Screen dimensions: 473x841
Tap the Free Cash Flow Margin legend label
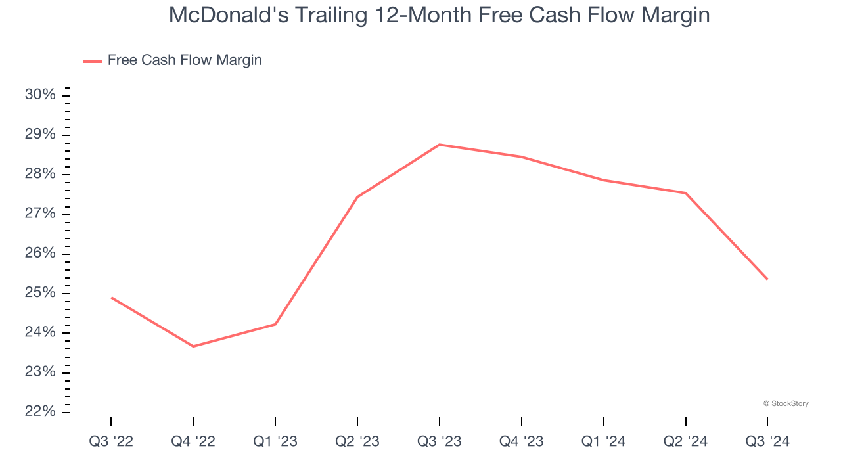point(185,60)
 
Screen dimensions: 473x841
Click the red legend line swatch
point(92,61)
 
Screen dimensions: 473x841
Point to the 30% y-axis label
point(40,95)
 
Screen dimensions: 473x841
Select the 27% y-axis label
point(40,214)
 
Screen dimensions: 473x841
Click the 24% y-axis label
point(40,332)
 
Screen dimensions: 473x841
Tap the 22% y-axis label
point(40,411)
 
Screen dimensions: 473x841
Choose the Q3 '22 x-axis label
point(111,441)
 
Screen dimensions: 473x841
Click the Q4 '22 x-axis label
point(193,441)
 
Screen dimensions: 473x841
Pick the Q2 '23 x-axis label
point(357,441)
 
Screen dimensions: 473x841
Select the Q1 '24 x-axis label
point(604,441)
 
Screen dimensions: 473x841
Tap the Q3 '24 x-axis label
point(767,441)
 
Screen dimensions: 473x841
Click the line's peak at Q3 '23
point(440,145)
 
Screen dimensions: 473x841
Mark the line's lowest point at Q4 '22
point(193,346)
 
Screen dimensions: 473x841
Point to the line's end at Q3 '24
point(767,279)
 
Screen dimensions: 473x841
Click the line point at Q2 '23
point(357,197)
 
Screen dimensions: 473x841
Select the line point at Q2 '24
point(686,193)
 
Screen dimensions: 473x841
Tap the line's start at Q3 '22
point(111,298)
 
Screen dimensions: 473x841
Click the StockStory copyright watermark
point(786,403)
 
